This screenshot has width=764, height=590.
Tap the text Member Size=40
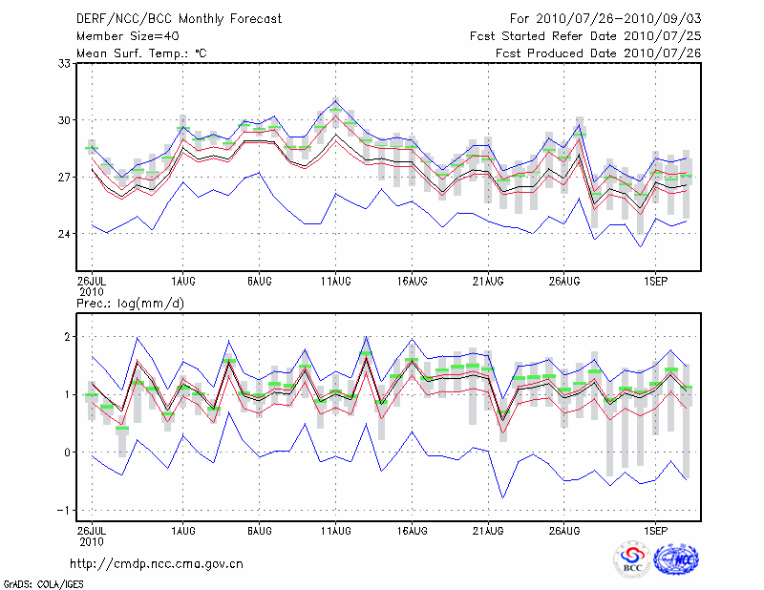pos(127,35)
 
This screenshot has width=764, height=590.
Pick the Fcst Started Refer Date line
pos(585,35)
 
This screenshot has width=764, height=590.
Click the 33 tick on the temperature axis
pos(65,63)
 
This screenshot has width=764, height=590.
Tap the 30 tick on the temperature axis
pos(65,120)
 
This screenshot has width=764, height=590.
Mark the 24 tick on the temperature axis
pos(65,234)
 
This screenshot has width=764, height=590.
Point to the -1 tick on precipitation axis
pos(65,510)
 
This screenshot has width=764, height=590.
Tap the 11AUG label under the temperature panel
pos(335,282)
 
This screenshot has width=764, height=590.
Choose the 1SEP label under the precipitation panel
pos(654,528)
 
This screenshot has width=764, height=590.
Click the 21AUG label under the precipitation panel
pos(488,528)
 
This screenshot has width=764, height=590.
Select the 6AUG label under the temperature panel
pos(260,282)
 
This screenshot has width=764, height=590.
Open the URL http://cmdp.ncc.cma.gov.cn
pos(157,563)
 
